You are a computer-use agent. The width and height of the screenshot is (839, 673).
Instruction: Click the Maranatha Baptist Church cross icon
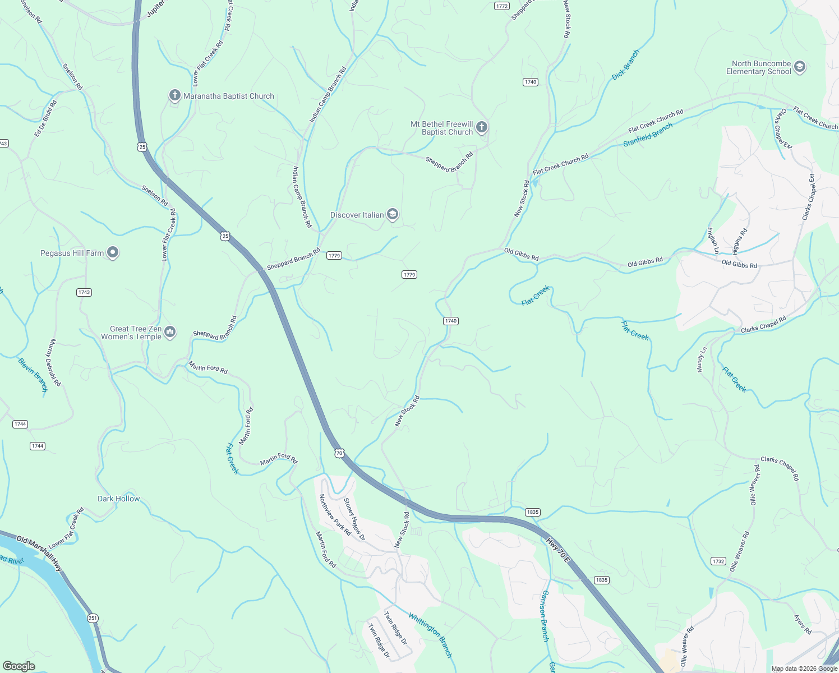[174, 96]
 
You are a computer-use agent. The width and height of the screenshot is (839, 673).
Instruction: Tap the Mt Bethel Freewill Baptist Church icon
[481, 128]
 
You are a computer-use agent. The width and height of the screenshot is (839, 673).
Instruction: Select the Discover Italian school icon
[393, 215]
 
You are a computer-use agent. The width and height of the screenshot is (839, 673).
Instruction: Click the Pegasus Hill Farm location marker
[113, 253]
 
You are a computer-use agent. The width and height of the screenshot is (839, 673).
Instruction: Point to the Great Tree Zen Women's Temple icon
[170, 333]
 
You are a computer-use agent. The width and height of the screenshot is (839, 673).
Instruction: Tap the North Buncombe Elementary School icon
[800, 67]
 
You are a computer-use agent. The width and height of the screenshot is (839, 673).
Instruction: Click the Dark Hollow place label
[118, 499]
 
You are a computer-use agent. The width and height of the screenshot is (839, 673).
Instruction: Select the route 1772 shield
[502, 6]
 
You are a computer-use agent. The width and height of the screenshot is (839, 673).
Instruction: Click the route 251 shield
[93, 618]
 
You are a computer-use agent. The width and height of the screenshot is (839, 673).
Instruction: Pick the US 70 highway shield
[339, 453]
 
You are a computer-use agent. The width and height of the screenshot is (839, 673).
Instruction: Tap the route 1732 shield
[718, 561]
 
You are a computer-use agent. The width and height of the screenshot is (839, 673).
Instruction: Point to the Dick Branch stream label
[625, 65]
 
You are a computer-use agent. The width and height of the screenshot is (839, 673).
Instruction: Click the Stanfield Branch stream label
[648, 136]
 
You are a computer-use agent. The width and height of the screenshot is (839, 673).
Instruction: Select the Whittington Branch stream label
[430, 635]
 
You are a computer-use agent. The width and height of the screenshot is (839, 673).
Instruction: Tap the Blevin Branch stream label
[33, 375]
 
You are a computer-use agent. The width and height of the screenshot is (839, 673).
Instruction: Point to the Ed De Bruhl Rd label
[45, 118]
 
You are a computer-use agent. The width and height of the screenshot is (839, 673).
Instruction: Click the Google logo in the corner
[19, 666]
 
